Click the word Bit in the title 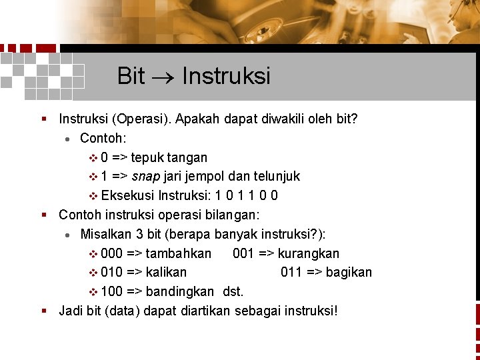[x=131, y=76]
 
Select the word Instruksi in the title [x=226, y=76]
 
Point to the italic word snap [x=145, y=177]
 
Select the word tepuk [x=147, y=158]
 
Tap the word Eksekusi [x=128, y=196]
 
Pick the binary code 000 [x=111, y=254]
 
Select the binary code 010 [x=111, y=273]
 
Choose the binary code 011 [x=292, y=273]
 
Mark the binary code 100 [x=111, y=291]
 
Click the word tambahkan [x=178, y=254]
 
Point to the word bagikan [x=349, y=273]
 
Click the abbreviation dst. [x=233, y=291]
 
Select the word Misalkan [x=105, y=234]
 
